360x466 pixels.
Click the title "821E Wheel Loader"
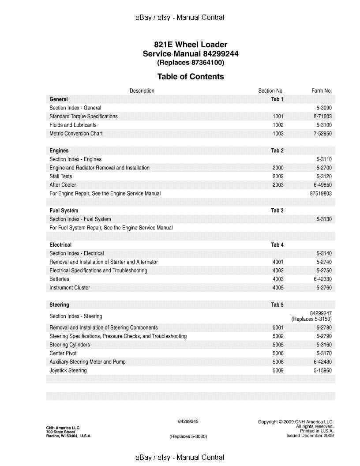[x=191, y=45]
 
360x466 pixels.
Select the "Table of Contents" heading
[x=191, y=76]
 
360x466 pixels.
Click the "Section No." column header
[x=270, y=90]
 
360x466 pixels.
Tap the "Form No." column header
[x=321, y=90]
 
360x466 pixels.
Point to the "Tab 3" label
[x=277, y=210]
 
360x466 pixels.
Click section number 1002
[x=278, y=125]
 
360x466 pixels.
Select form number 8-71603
[x=322, y=116]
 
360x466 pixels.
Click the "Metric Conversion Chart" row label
[x=76, y=133]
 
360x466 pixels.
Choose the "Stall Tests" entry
[x=61, y=176]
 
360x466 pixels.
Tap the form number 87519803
[x=321, y=193]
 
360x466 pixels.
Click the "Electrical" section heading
[x=60, y=244]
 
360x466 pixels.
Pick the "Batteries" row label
[x=59, y=279]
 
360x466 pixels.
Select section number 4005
[x=278, y=288]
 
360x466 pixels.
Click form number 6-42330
[x=322, y=279]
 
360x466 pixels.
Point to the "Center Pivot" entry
[x=63, y=353]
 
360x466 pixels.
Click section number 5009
[x=278, y=370]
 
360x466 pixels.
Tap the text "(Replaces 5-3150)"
[x=311, y=319]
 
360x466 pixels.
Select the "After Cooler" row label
[x=63, y=185]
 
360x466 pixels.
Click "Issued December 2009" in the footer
[x=310, y=436]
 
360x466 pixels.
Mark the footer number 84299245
[x=188, y=421]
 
